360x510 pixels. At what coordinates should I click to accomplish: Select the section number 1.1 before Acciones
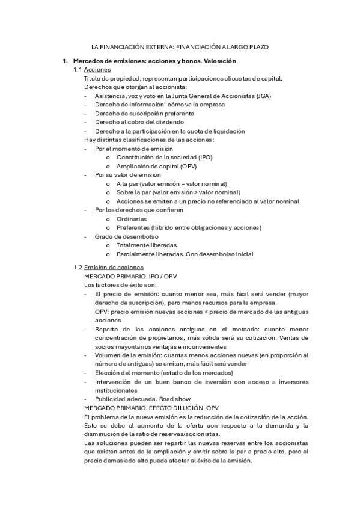(78, 70)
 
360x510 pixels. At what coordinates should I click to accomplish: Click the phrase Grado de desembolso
(123, 236)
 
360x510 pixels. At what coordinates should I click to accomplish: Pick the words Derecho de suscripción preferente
(144, 113)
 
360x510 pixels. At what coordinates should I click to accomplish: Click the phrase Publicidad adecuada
(123, 399)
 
